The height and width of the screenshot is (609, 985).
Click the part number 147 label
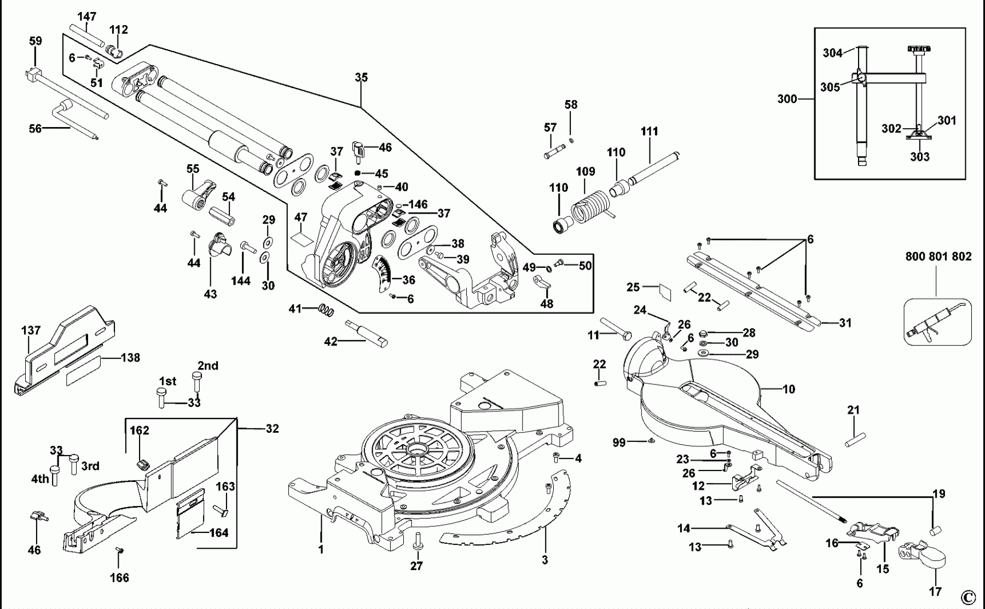(x=86, y=16)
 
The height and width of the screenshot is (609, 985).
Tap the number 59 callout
(x=35, y=41)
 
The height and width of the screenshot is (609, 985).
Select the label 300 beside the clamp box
(x=787, y=99)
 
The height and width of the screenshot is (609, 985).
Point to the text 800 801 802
(x=938, y=256)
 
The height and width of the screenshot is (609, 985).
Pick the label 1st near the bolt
(x=167, y=381)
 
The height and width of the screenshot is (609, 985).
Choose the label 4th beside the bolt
(x=40, y=479)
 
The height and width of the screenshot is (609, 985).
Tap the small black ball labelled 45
(x=357, y=173)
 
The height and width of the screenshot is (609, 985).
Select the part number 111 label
(x=649, y=131)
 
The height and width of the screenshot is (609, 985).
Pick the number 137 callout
(x=31, y=330)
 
